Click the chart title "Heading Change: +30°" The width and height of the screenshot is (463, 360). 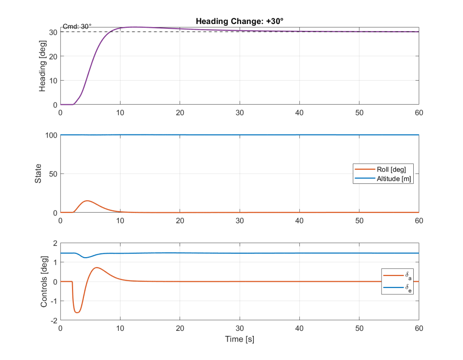pos(240,21)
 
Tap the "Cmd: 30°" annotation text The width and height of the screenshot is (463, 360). pos(77,27)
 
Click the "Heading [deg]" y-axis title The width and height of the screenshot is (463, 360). pos(42,66)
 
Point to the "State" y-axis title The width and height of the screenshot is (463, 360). pos(38,174)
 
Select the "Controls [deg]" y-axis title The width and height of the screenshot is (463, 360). pos(44,282)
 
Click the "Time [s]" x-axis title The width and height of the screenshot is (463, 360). pos(240,339)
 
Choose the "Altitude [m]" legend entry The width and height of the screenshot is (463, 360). pos(383,179)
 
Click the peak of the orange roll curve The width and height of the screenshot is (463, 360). pos(87,201)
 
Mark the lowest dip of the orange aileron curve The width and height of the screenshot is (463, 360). pos(77,312)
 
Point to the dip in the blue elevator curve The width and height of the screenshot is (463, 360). pos(85,258)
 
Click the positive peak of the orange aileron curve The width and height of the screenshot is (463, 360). pos(96,267)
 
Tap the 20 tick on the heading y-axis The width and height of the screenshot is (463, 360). pos(53,57)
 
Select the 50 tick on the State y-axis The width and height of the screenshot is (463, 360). pos(53,174)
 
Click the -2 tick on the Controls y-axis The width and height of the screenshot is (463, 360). pos(54,321)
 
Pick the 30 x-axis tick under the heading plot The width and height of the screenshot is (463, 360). pos(240,113)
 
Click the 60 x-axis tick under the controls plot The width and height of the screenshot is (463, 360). pos(419,328)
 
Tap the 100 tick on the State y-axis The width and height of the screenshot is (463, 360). pos(51,135)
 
